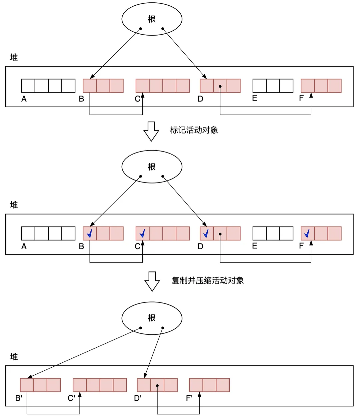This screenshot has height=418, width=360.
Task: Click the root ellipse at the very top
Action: tap(152, 19)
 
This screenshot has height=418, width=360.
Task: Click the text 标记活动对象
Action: tap(194, 130)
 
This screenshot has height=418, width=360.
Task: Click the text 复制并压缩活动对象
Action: tap(208, 280)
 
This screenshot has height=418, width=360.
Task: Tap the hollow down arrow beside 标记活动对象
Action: tap(151, 131)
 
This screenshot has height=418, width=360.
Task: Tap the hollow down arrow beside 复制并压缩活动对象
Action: tap(152, 281)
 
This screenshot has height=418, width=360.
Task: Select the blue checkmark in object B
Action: tap(90, 233)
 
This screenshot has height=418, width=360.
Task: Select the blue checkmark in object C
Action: tap(142, 233)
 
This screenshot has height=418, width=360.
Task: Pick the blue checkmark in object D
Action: tap(206, 233)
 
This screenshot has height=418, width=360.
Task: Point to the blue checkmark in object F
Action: tap(307, 233)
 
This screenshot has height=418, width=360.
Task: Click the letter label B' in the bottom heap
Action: tap(19, 398)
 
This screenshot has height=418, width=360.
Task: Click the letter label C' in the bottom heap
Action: tap(71, 398)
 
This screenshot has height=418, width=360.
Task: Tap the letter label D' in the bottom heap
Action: tap(138, 398)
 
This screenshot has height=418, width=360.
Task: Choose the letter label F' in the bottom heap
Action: tap(189, 398)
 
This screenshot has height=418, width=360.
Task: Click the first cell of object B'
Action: tap(27, 385)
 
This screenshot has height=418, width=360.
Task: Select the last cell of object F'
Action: tap(223, 385)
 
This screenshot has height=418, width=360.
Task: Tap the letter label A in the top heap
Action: tap(24, 99)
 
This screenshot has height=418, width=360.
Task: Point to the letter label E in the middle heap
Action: tap(255, 246)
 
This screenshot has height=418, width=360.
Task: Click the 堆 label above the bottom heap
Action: tap(14, 357)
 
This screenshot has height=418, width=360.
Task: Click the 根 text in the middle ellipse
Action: tap(152, 167)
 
